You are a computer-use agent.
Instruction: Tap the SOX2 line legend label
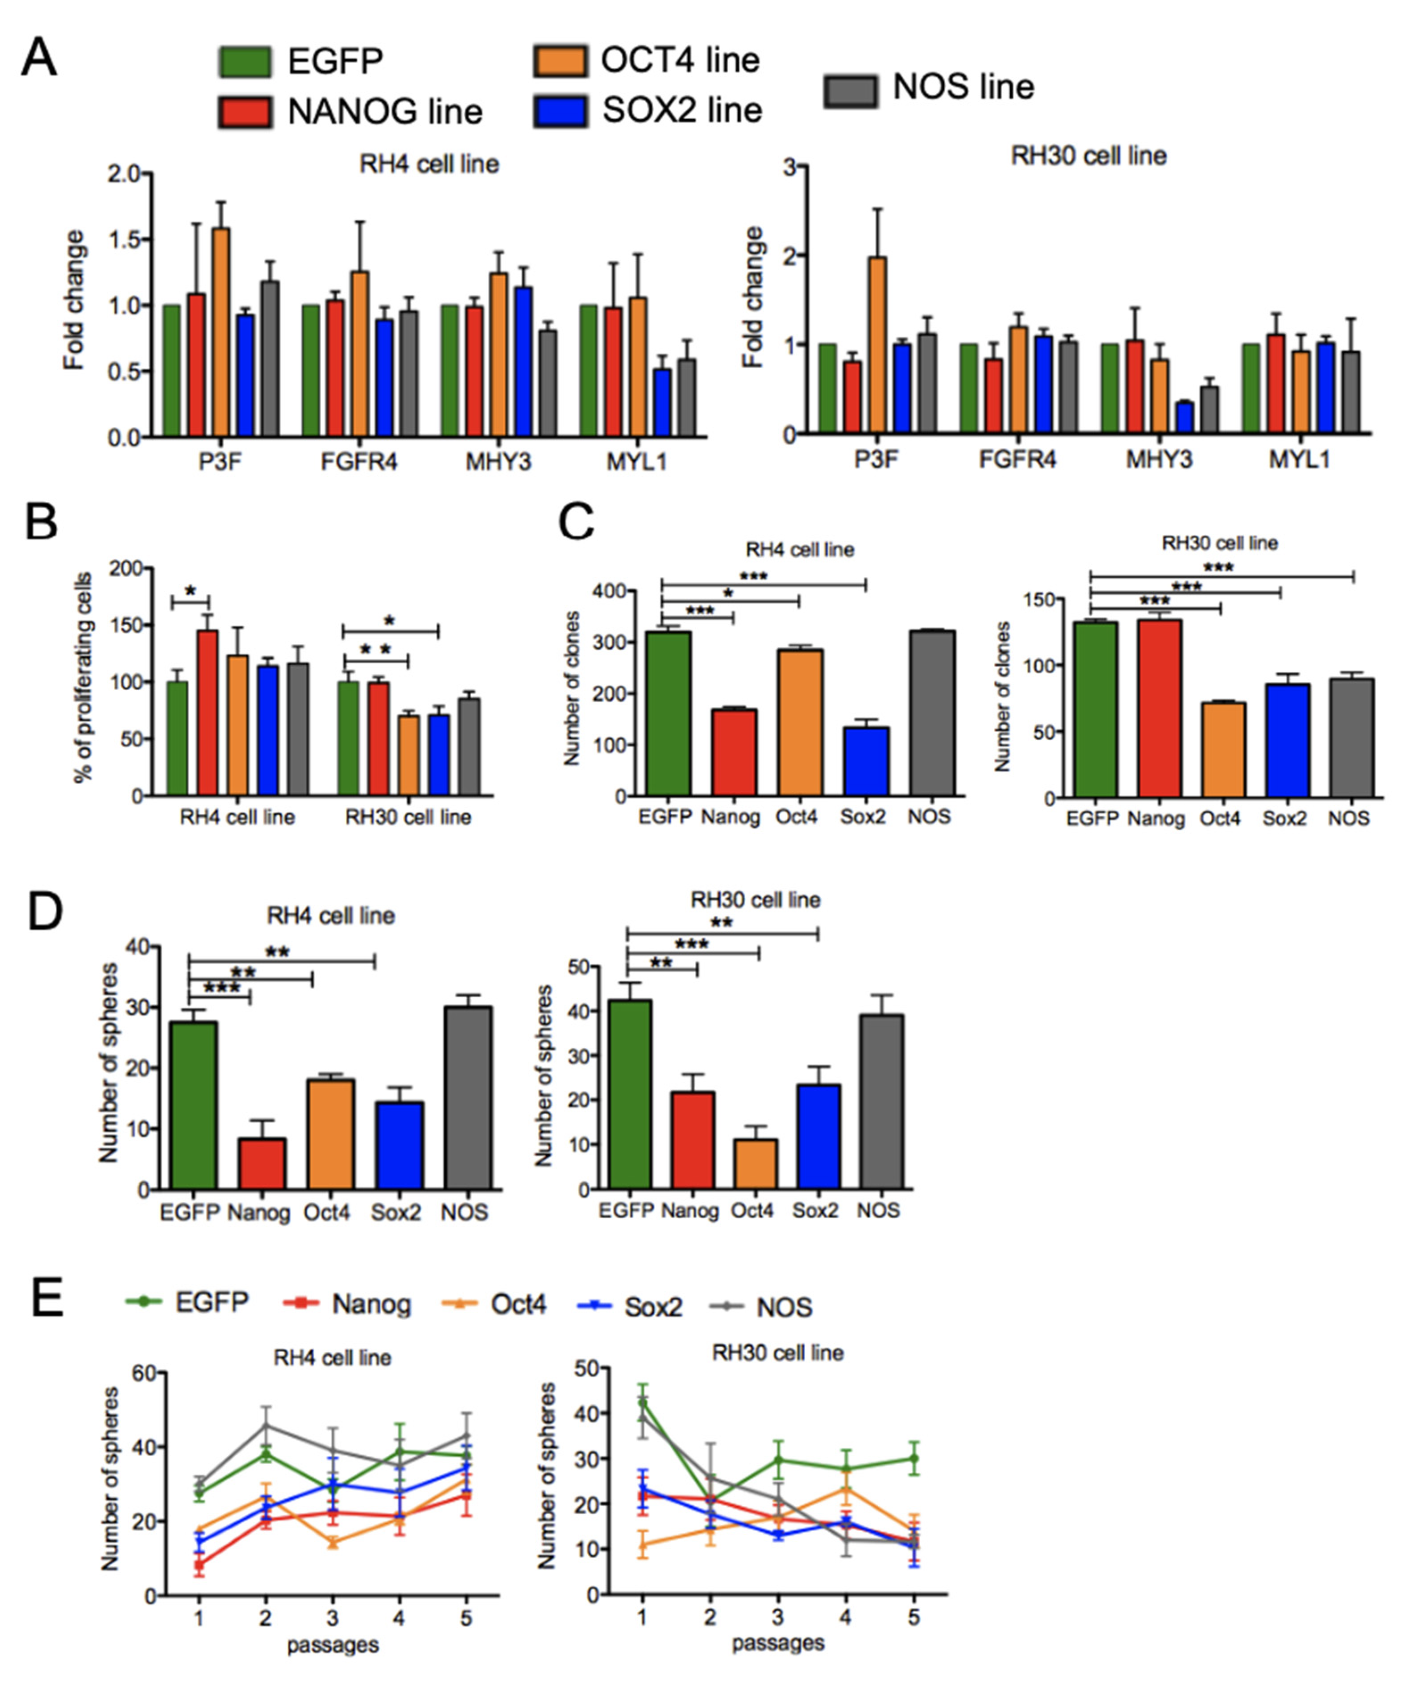click(x=681, y=110)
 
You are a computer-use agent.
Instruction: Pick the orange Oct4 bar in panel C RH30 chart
click(x=1222, y=750)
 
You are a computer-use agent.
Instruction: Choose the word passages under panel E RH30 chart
click(x=777, y=1644)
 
